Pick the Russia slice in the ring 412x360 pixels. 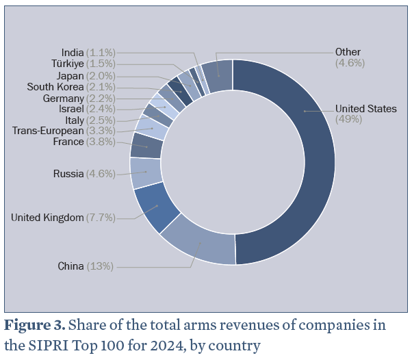click(x=145, y=172)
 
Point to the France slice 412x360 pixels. click(x=146, y=145)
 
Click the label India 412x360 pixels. click(x=73, y=52)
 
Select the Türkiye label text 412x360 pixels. click(x=68, y=64)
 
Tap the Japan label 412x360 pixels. click(x=70, y=75)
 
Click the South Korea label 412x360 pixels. click(x=55, y=87)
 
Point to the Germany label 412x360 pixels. click(x=62, y=98)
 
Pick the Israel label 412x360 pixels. click(x=72, y=109)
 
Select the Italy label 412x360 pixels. click(x=75, y=120)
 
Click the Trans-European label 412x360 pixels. click(x=48, y=131)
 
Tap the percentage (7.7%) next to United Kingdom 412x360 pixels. click(x=101, y=218)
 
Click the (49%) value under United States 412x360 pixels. click(x=349, y=119)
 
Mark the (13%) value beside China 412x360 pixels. click(x=100, y=266)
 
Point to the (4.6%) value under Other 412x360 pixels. click(x=350, y=63)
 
